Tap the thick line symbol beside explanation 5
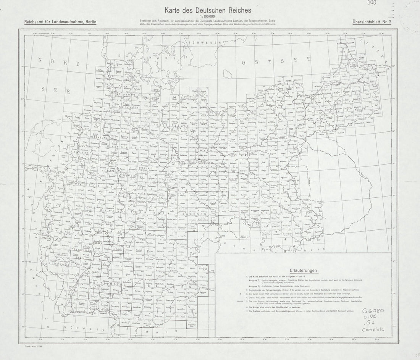tap(239, 302)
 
